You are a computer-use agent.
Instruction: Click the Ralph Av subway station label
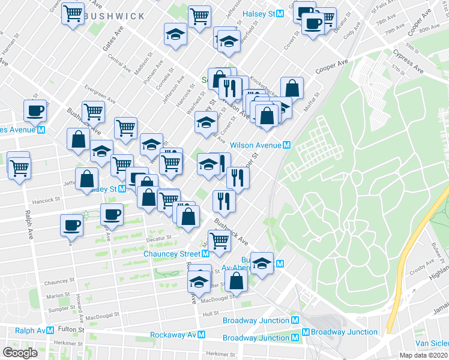tap(30, 331)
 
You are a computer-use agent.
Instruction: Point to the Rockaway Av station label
tap(173, 335)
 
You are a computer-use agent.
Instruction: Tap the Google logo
tap(20, 352)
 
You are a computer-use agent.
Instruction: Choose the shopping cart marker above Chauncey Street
tap(220, 241)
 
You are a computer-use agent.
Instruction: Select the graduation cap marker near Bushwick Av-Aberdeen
tap(262, 263)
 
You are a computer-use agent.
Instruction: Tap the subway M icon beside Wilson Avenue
tap(287, 145)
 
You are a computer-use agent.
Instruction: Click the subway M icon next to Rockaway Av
tap(202, 335)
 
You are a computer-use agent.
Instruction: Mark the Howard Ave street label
tap(79, 303)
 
